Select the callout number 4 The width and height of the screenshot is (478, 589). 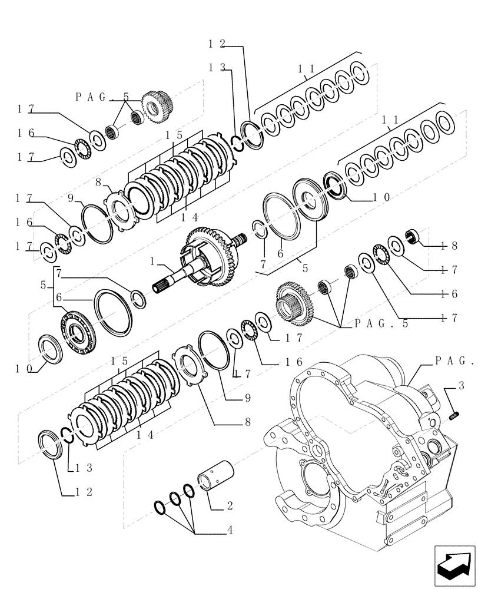point(229,530)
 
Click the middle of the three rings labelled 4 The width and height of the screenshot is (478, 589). point(175,499)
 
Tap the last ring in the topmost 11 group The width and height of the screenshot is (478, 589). point(358,71)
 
